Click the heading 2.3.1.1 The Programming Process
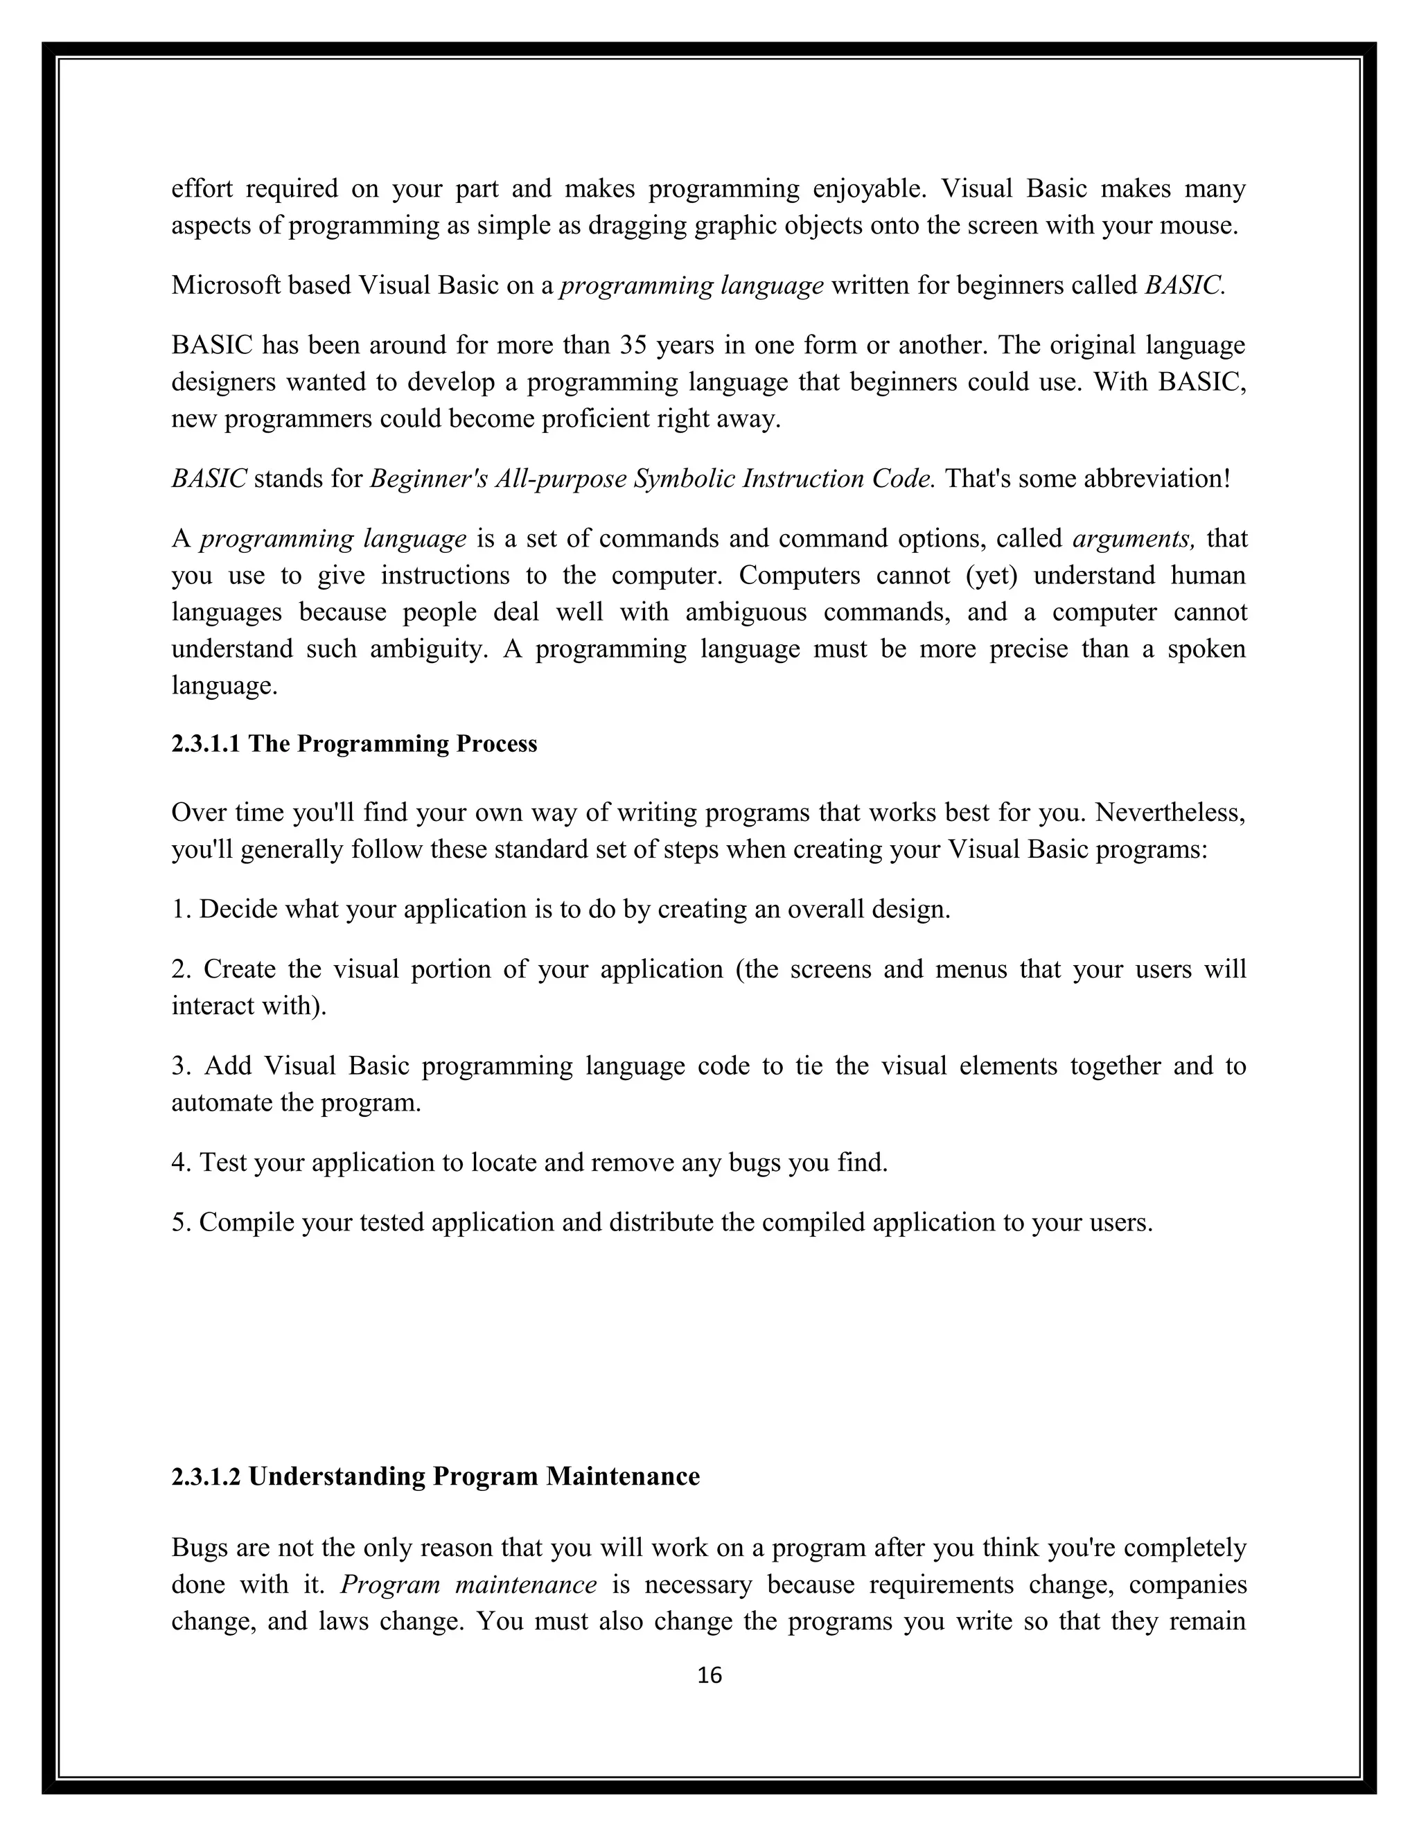(354, 744)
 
